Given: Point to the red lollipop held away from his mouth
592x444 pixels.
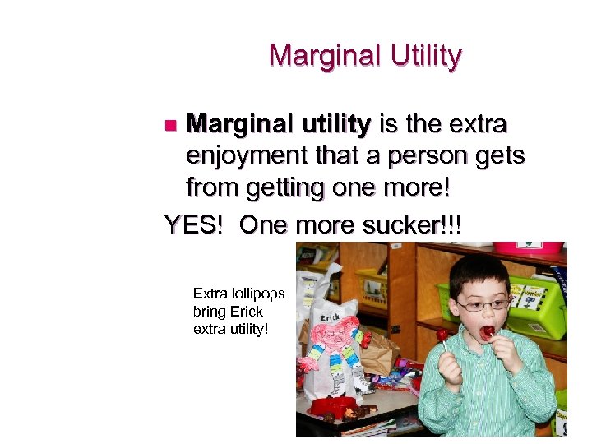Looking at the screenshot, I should (x=442, y=335).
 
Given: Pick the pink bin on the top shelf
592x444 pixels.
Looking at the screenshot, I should (x=539, y=247).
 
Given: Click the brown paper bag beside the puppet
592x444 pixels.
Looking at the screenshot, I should (x=381, y=353).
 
